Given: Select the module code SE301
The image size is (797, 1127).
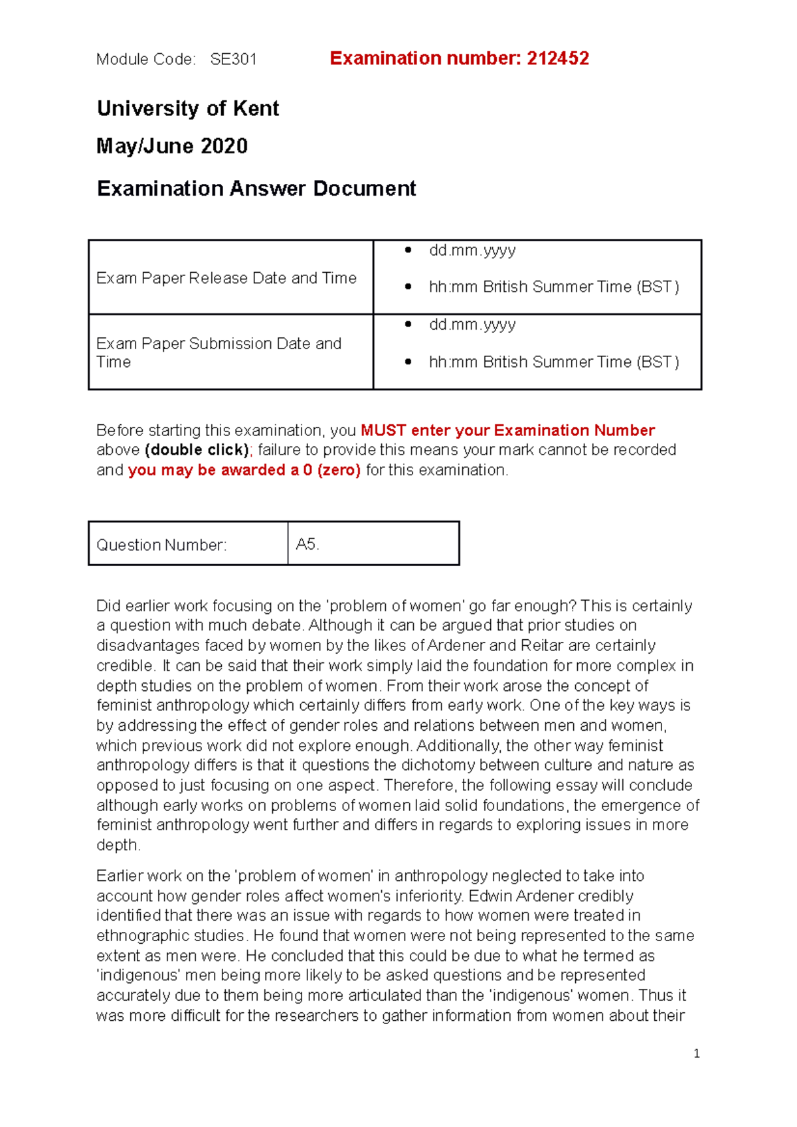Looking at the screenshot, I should pos(233,60).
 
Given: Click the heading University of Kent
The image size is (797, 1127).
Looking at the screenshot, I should pos(188,108).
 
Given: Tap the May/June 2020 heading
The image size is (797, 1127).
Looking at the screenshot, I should pos(172,146).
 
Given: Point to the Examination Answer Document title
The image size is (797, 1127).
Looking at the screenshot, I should pos(256,188).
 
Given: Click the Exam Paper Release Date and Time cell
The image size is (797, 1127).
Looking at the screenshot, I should pos(226,278).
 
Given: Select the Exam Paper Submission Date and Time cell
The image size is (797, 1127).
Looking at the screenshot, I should pos(219,352).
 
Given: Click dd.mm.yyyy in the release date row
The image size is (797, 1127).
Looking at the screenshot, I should pos(472,250).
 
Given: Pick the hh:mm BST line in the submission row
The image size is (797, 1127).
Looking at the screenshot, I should pos(553,362).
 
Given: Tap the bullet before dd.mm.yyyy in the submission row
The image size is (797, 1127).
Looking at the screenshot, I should pos(408,325).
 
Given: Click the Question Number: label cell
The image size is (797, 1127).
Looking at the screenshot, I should pos(161,545).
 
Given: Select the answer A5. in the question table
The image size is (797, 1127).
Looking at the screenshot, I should pos(308,544).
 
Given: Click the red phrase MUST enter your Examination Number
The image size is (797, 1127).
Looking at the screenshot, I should pos(507,430).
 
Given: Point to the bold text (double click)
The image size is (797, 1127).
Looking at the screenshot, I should pos(197,450).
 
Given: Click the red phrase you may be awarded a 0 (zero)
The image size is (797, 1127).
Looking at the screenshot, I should pos(244,470).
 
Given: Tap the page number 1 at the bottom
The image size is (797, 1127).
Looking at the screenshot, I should pos(696,1053).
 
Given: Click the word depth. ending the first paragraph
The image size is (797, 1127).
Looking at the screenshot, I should pos(118,845).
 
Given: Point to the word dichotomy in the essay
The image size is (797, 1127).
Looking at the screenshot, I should pos(439,765).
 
